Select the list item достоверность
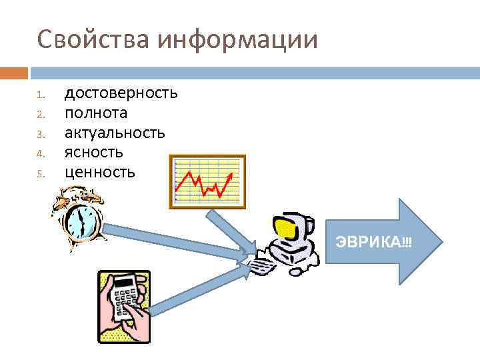121,93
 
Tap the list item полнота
95,113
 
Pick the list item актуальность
115,133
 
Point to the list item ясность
93,153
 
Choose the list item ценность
100,173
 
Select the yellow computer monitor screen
288,226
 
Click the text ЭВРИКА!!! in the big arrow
373,241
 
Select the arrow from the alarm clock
177,241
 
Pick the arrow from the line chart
227,231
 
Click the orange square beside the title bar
14,72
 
